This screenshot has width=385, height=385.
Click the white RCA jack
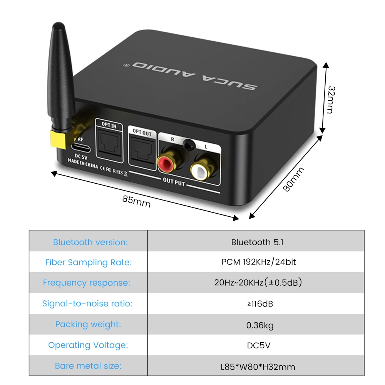tap(199, 170)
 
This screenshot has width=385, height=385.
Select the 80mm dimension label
tap(294, 179)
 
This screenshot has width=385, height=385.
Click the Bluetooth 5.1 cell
tap(257, 242)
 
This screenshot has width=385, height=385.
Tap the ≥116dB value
tap(260, 304)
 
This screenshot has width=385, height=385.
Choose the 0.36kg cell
tap(260, 325)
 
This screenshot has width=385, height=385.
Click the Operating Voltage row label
tap(88, 345)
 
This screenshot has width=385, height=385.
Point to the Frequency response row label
tap(87, 283)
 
